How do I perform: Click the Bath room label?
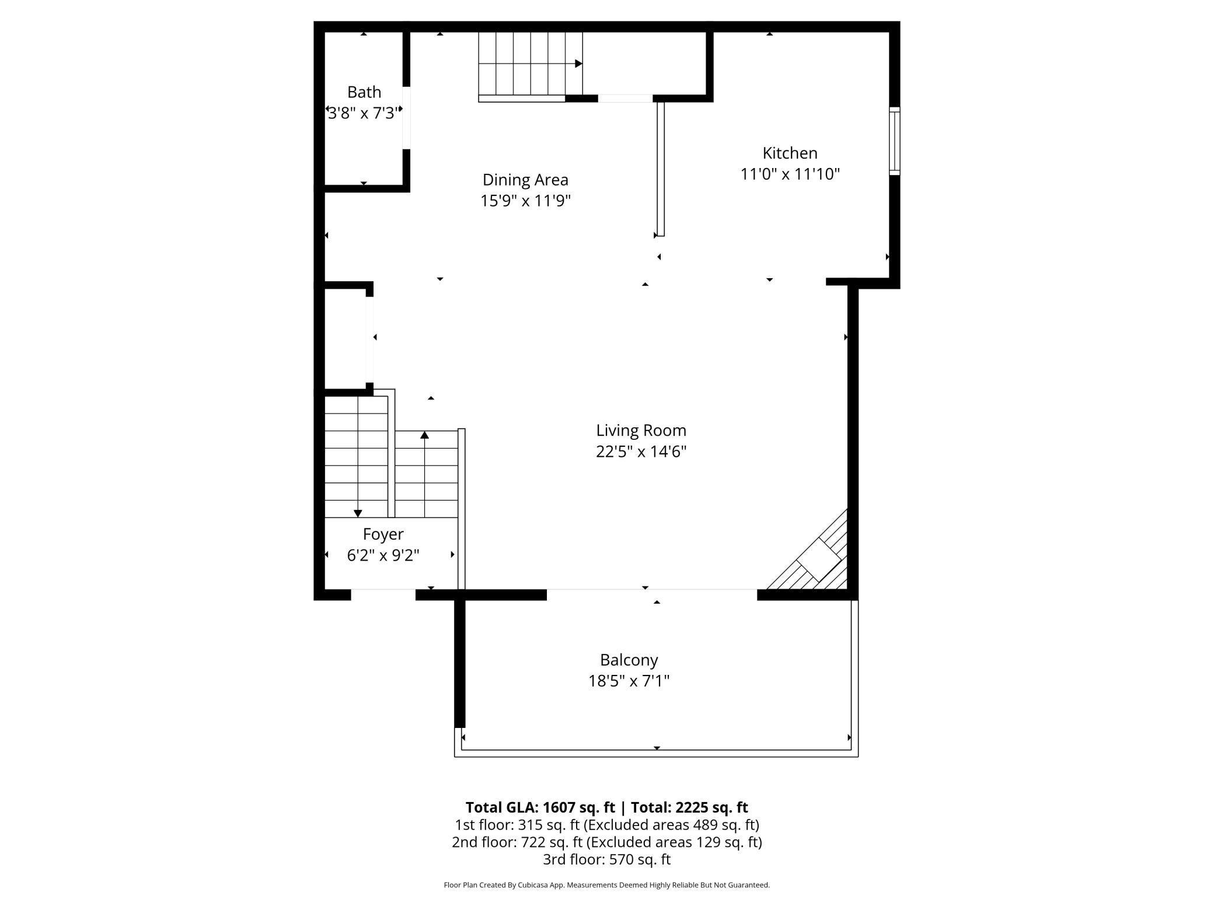pyautogui.click(x=364, y=92)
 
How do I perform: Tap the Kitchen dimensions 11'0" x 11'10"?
pyautogui.click(x=790, y=174)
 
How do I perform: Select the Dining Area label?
pyautogui.click(x=525, y=180)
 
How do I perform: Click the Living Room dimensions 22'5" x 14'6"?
pyautogui.click(x=641, y=452)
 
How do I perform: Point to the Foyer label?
pyautogui.click(x=383, y=534)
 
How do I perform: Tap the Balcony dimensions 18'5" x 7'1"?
pyautogui.click(x=629, y=681)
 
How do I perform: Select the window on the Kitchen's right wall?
pyautogui.click(x=894, y=141)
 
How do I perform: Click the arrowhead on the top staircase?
pyautogui.click(x=578, y=64)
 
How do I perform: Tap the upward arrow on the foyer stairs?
pyautogui.click(x=424, y=435)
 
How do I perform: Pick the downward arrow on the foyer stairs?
pyautogui.click(x=358, y=513)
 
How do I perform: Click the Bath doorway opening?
pyautogui.click(x=406, y=118)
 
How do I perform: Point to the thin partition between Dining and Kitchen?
pyautogui.click(x=661, y=169)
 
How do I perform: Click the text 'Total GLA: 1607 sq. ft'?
pyautogui.click(x=540, y=807)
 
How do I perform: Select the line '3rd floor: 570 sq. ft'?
pyautogui.click(x=606, y=859)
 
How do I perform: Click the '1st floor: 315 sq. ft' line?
pyautogui.click(x=517, y=825)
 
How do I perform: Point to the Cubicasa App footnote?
pyautogui.click(x=606, y=885)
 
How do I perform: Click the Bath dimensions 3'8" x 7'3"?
pyautogui.click(x=364, y=113)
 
